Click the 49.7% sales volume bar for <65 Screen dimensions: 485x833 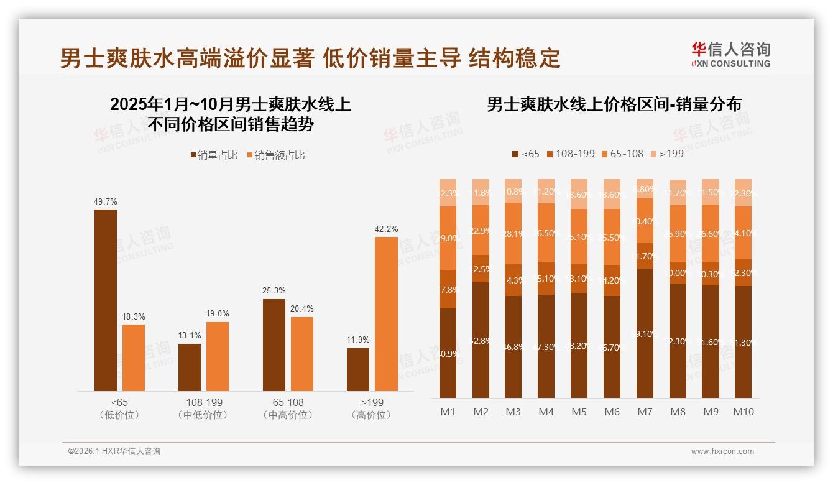pos(106,300)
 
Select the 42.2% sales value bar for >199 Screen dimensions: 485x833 pos(386,314)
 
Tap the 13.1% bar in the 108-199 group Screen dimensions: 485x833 pos(190,367)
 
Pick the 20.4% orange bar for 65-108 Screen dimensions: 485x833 pos(302,354)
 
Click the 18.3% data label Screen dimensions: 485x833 pos(134,317)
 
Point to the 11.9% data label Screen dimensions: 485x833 pos(358,340)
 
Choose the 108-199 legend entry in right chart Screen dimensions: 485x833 pos(570,154)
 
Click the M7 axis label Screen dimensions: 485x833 pos(645,412)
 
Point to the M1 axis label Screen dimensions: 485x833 pos(448,412)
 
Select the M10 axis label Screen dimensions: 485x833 pos(743,412)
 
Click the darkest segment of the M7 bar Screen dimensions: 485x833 pos(645,333)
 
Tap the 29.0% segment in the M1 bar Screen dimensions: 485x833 pos(448,238)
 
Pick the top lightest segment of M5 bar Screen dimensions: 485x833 pos(579,194)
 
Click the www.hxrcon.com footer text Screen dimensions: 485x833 pos(722,451)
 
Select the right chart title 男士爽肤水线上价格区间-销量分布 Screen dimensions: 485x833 pos(614,104)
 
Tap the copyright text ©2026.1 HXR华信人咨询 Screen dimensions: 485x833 pos(114,451)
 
